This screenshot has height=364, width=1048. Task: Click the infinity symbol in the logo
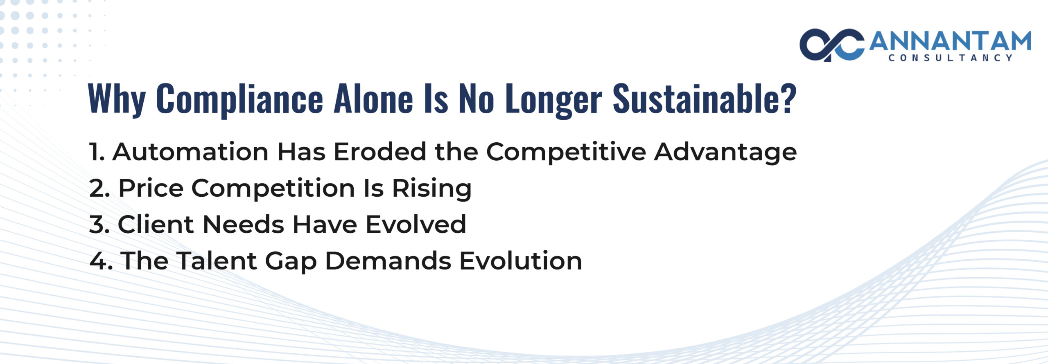831,45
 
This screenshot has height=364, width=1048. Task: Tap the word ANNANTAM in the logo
950,41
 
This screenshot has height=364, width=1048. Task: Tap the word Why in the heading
117,99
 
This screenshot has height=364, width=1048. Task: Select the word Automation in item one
190,152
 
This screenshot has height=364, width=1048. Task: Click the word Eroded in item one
380,152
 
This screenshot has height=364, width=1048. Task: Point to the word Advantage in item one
725,153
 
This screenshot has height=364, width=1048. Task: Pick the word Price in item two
151,189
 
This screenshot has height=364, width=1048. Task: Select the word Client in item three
155,225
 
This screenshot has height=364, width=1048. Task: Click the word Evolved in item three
416,225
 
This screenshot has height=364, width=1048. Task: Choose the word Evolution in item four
520,261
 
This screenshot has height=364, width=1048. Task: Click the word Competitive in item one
565,153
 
